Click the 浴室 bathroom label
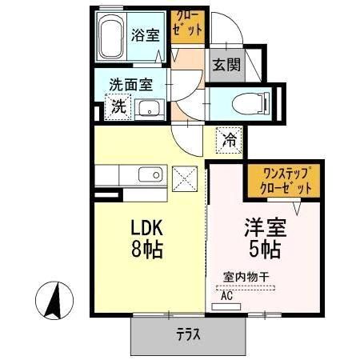(x=145, y=35)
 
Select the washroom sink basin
(x=149, y=108)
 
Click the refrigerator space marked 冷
(x=229, y=141)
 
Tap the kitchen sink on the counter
(x=150, y=175)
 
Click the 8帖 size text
(x=146, y=249)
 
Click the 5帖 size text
(x=262, y=249)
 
